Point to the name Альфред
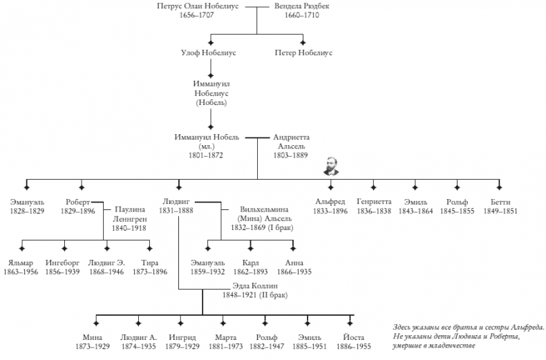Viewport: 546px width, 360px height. pos(330,201)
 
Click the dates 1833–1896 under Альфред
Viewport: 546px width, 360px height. pos(330,211)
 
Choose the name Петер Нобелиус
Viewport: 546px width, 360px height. pos(303,53)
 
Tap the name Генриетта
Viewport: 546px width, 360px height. pos(374,201)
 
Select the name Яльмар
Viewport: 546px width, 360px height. pos(21,263)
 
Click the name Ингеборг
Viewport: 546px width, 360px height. pos(64,263)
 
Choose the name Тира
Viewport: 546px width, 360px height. pos(149,263)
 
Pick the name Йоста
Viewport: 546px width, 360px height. pos(351,337)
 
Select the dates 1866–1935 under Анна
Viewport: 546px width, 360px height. pos(295,272)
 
